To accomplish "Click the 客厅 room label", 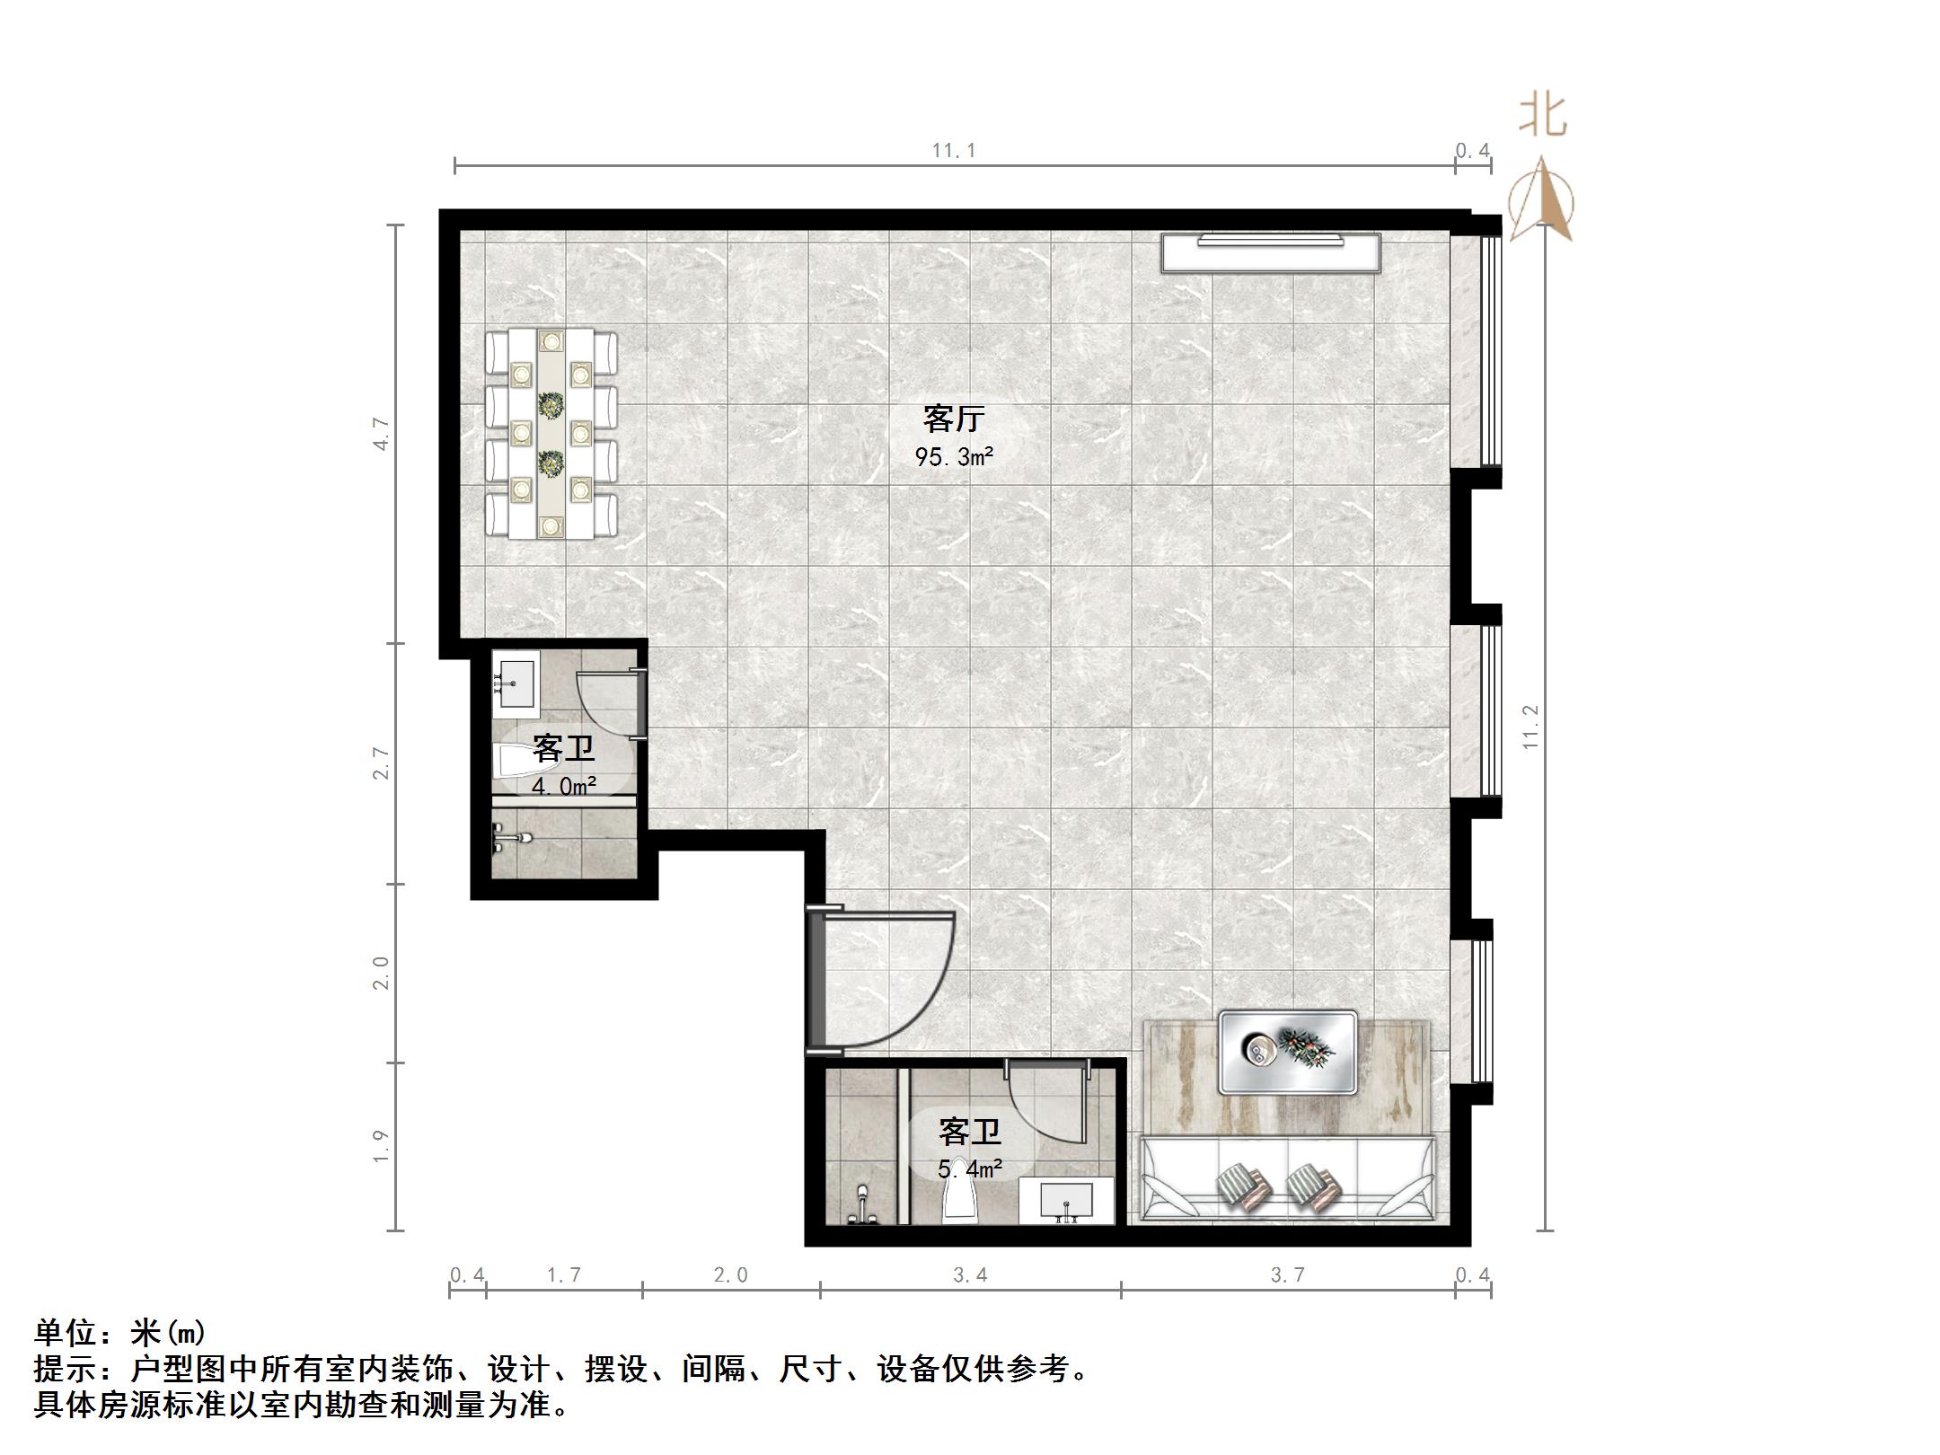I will [x=954, y=419].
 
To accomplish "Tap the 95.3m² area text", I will [x=954, y=457].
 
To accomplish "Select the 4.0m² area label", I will [x=564, y=787].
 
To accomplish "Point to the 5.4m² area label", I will [x=970, y=1168].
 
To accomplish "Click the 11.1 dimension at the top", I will [x=954, y=151].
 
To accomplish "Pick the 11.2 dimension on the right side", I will [x=1530, y=727].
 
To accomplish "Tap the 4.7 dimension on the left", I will [x=382, y=434].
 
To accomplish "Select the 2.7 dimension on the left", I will [x=382, y=763].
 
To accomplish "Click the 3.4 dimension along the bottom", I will [x=970, y=1274].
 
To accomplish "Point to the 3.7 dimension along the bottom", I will [x=1287, y=1274].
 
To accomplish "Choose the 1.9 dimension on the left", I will [x=382, y=1146].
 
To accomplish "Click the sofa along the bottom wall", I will [x=1287, y=1178].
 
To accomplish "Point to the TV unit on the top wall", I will [x=1270, y=252].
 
